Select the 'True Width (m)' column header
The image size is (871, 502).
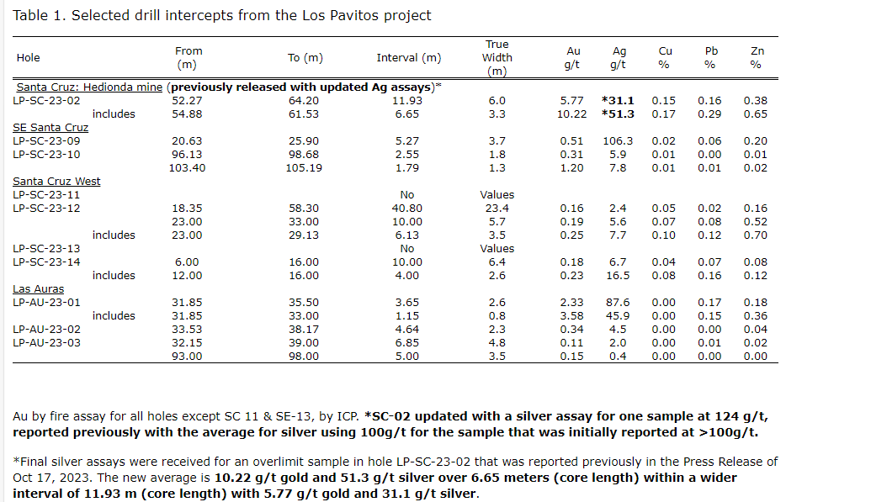(x=497, y=58)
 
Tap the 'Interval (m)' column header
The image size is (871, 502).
(x=408, y=58)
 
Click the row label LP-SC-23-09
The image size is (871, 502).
(x=47, y=140)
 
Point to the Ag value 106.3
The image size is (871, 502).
(x=618, y=140)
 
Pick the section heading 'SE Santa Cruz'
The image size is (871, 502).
(x=50, y=127)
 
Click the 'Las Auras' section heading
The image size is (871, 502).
(x=38, y=288)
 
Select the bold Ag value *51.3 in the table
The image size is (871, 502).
(x=618, y=114)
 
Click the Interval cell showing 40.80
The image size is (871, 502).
(x=407, y=208)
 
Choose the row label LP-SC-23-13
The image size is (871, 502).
(x=47, y=248)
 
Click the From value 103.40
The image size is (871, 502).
(x=188, y=167)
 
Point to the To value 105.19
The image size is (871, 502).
(x=304, y=167)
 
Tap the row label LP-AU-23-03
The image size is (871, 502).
(x=47, y=342)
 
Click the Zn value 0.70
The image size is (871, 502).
(x=756, y=235)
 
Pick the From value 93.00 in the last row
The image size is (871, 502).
(x=188, y=356)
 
